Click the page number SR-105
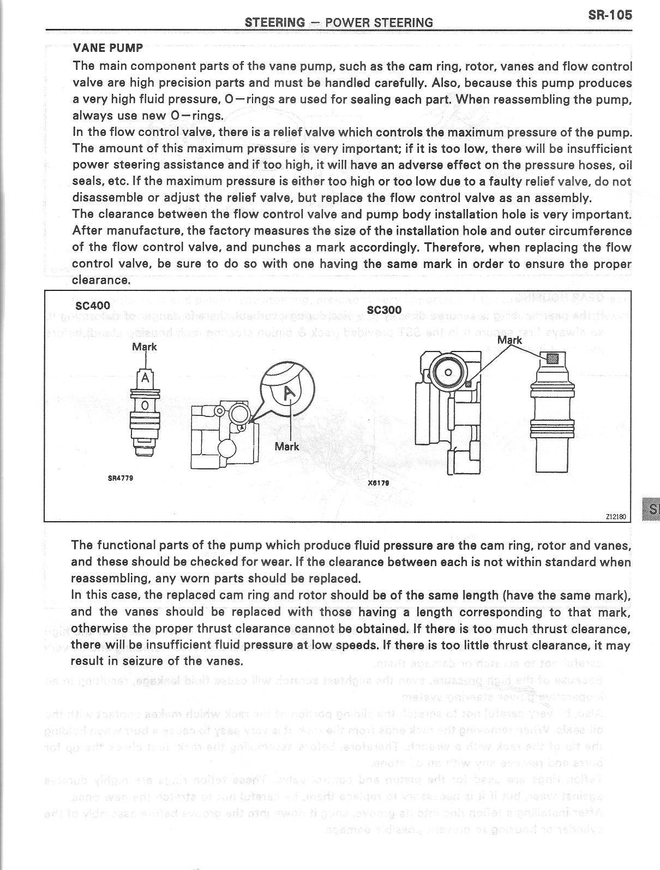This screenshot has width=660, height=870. [x=610, y=15]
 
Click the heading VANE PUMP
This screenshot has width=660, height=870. [x=107, y=48]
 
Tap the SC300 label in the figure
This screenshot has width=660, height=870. [x=384, y=309]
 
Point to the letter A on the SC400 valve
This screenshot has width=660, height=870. [x=145, y=378]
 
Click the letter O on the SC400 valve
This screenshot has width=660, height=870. [x=145, y=405]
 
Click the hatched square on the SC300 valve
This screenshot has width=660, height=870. [x=552, y=359]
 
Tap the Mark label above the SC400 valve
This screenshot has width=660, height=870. [x=145, y=347]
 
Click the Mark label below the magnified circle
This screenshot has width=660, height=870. [x=287, y=446]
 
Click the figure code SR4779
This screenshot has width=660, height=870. [x=121, y=478]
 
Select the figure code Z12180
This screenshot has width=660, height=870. [x=616, y=516]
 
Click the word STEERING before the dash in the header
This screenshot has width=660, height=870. [x=275, y=22]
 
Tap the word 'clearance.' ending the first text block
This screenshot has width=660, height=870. [x=101, y=281]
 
